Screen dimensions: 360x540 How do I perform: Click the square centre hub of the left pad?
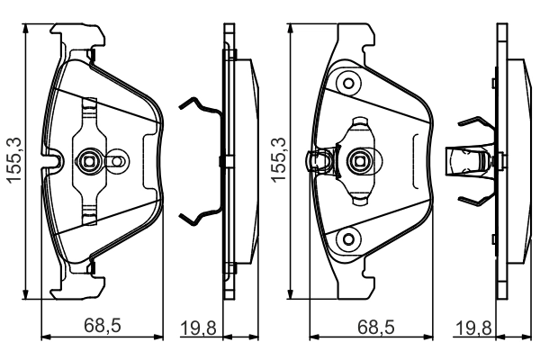tap(88, 162)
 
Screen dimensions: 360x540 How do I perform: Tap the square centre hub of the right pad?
tap(356, 162)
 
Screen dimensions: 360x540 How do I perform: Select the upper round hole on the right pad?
tap(346, 84)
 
